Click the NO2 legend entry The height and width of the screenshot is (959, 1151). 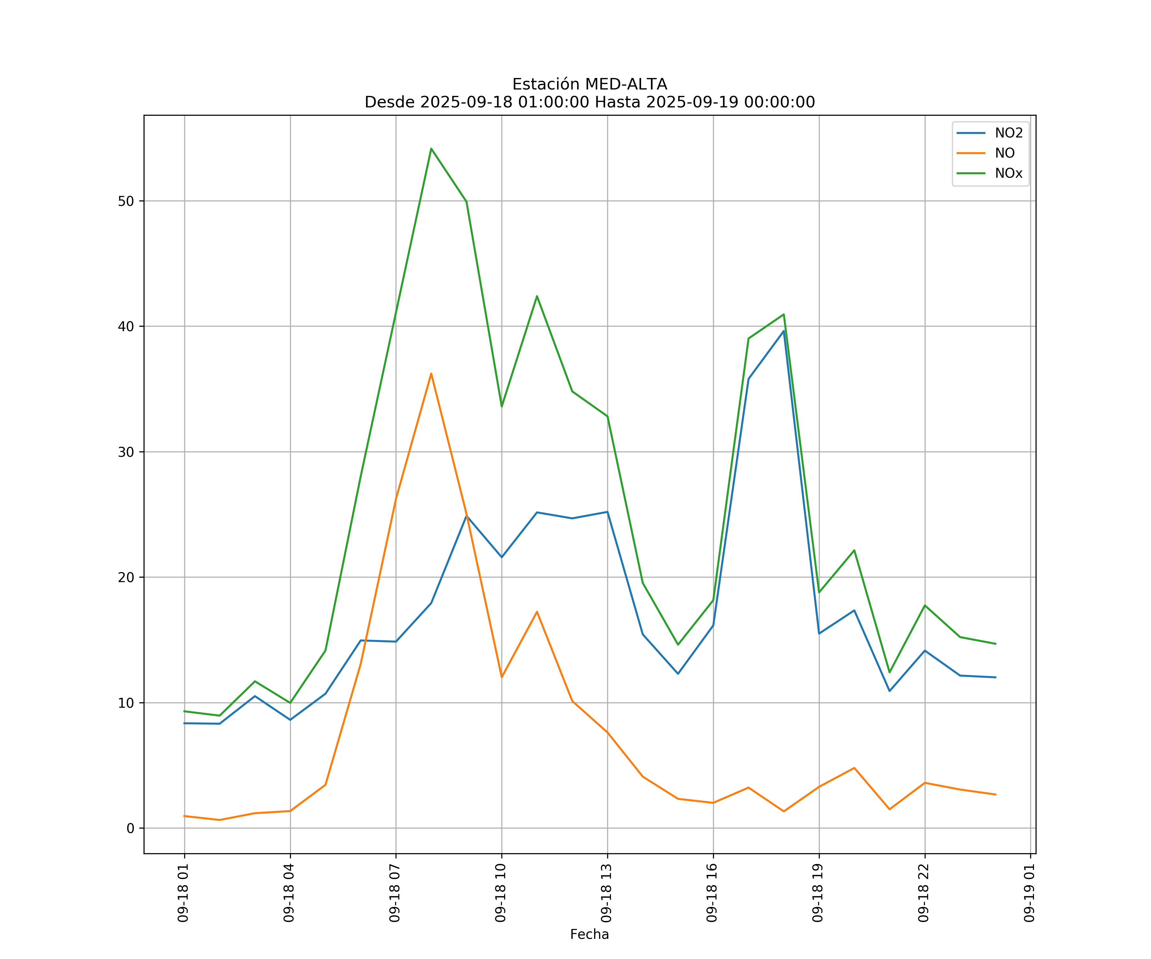[x=1008, y=133]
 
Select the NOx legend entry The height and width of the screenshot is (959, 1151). [x=1008, y=173]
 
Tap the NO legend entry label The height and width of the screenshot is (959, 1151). [x=1005, y=153]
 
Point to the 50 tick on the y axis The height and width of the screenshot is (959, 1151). [x=126, y=201]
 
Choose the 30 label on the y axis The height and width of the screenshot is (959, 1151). [x=126, y=452]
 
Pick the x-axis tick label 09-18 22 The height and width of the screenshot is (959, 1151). [x=924, y=893]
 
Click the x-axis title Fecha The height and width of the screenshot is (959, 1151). [x=589, y=934]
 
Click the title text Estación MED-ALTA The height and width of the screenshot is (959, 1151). [x=589, y=84]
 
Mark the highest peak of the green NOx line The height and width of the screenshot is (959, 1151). [x=431, y=149]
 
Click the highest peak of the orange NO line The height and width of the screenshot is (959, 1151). [x=431, y=374]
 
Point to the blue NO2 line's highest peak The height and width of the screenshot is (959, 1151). [x=784, y=331]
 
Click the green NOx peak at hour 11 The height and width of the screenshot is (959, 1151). [x=536, y=296]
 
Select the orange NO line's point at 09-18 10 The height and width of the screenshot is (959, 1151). [x=502, y=677]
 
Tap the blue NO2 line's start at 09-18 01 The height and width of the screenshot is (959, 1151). [x=185, y=723]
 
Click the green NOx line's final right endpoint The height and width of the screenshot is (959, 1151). [x=995, y=644]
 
